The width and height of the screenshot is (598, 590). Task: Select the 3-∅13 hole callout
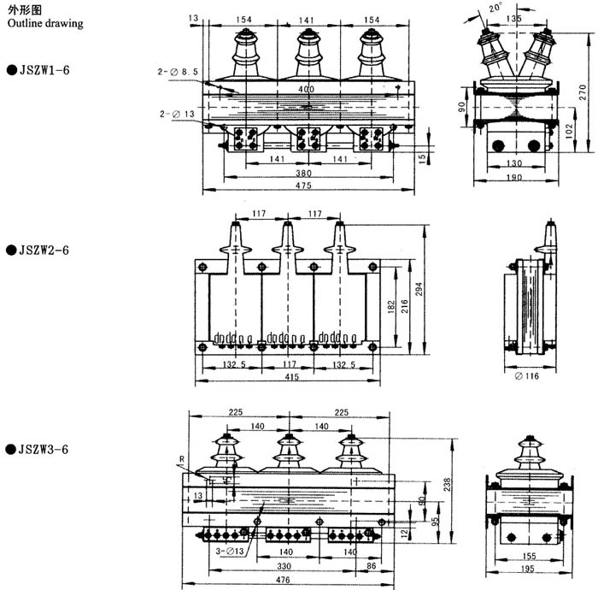click(x=231, y=552)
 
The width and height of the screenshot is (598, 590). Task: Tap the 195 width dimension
click(x=527, y=569)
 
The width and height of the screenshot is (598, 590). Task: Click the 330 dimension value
click(x=286, y=567)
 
